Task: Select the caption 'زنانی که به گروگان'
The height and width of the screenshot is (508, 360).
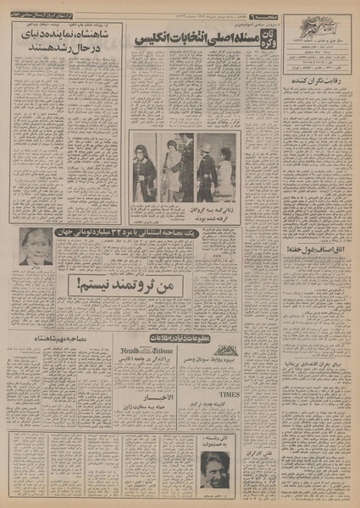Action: click(216, 209)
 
